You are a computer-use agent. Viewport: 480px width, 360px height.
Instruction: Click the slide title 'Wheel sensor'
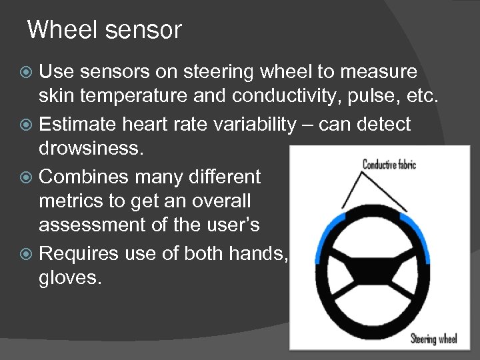104,30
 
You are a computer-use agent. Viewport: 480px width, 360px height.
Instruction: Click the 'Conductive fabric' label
389,163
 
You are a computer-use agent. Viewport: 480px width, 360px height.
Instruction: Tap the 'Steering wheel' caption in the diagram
433,339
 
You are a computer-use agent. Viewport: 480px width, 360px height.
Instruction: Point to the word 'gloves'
68,277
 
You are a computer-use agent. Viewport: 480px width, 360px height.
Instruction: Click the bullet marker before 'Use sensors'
27,71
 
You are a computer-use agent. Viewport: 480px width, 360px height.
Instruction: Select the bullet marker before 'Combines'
27,177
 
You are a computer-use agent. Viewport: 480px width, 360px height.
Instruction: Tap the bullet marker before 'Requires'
27,253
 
